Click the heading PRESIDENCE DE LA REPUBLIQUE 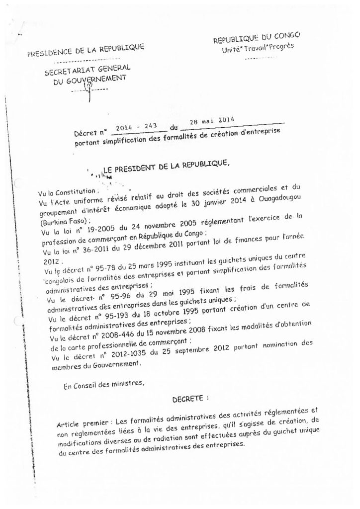(x=86, y=52)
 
